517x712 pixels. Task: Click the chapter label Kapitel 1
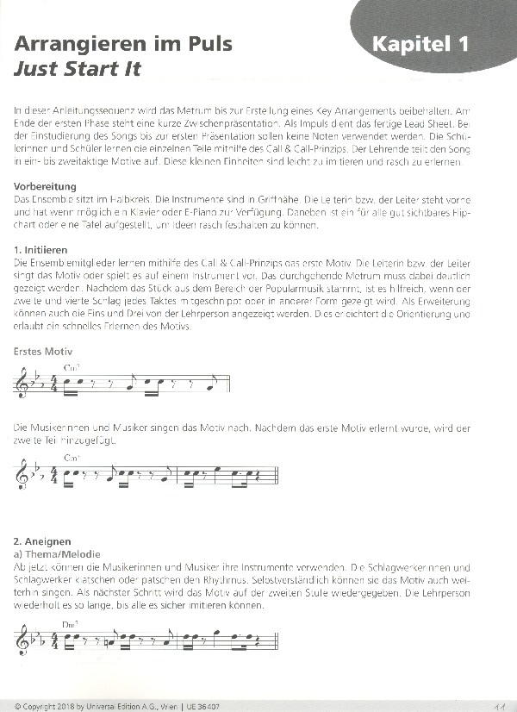point(420,44)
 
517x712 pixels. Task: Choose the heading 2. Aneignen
point(43,540)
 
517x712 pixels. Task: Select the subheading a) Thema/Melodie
point(58,553)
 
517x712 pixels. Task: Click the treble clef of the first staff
point(22,383)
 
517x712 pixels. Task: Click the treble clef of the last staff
point(22,640)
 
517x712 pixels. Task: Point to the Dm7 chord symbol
point(72,623)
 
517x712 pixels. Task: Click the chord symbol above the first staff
point(72,367)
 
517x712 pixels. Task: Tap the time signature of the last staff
point(54,640)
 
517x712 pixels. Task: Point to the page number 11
point(499,704)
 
